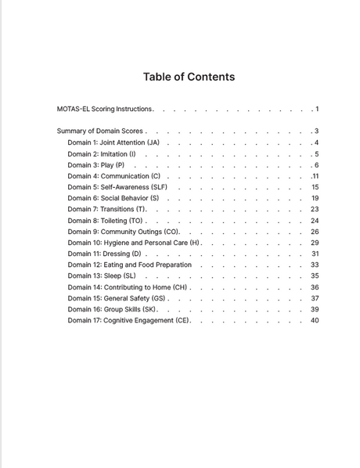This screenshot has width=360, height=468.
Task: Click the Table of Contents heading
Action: [x=189, y=77]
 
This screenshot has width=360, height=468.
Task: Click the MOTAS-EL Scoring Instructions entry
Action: [x=105, y=109]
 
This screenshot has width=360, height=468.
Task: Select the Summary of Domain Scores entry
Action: [x=99, y=131]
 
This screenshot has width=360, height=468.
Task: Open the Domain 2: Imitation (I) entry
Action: [x=102, y=154]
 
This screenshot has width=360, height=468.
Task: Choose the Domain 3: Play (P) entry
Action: [x=96, y=165]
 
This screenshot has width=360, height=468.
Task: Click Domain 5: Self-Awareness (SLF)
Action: [x=117, y=187]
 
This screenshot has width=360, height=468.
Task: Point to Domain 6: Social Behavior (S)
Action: [x=113, y=198]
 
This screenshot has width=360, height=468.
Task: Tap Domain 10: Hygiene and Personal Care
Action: [x=133, y=243]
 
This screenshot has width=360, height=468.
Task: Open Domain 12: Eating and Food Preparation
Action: [x=129, y=265]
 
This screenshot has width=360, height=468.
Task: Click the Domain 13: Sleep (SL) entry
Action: [x=102, y=275]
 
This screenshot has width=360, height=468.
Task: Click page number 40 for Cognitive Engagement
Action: [x=315, y=320]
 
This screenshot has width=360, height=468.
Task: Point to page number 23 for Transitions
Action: [x=315, y=209]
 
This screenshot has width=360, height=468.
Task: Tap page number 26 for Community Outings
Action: [x=315, y=232]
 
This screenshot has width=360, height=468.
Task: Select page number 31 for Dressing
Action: [x=315, y=254]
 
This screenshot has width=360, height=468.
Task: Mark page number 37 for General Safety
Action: [x=315, y=298]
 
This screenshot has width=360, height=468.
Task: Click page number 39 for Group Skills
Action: [x=315, y=309]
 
